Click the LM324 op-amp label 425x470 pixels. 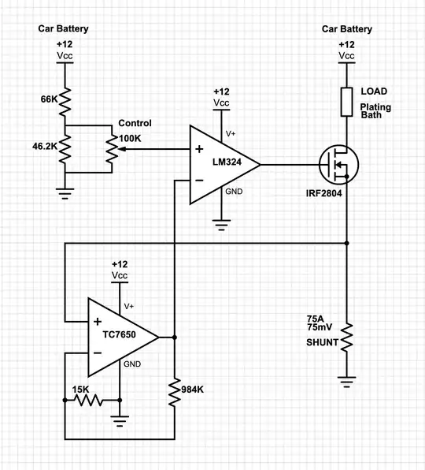tap(227, 163)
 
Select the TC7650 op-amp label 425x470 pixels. tap(118, 336)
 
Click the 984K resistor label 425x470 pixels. tap(194, 390)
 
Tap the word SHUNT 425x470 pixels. tap(322, 343)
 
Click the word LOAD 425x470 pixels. tap(373, 91)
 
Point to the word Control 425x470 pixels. tap(135, 124)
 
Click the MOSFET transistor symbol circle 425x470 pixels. tap(338, 165)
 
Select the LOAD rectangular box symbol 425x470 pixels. tap(346, 102)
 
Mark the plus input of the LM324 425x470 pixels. tap(198, 148)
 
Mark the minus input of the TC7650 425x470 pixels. tap(96, 352)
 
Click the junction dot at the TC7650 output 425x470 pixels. tap(173, 337)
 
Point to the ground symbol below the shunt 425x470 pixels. tap(346, 382)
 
